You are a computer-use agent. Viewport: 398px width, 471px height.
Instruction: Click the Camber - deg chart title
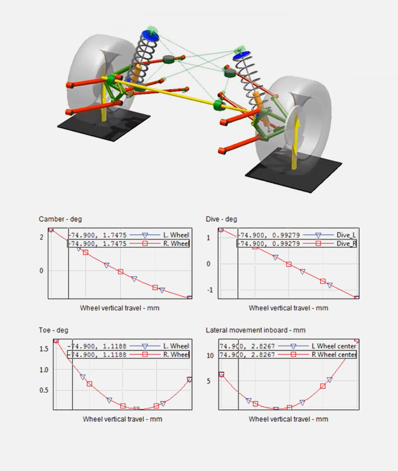tap(60, 219)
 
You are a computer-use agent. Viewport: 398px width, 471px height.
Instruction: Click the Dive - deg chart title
tap(221, 219)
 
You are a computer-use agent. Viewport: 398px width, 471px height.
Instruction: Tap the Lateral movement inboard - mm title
tap(256, 330)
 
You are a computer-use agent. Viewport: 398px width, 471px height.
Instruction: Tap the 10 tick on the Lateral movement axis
tap(210, 356)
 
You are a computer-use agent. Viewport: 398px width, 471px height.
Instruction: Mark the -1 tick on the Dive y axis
tap(210, 290)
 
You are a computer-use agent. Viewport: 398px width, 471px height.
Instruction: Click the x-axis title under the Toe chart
tap(122, 419)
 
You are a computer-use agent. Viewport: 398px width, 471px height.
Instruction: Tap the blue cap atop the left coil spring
tap(149, 34)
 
